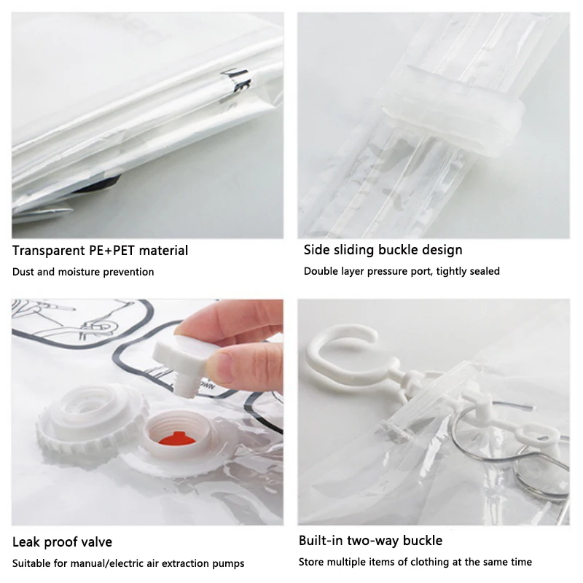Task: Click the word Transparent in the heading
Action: pos(48,251)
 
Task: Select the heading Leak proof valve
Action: pos(62,542)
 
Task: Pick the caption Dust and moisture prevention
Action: pos(83,272)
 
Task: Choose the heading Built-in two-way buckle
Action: pos(371,540)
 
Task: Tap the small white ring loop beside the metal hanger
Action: pos(536,436)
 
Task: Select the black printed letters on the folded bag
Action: pos(237,81)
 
